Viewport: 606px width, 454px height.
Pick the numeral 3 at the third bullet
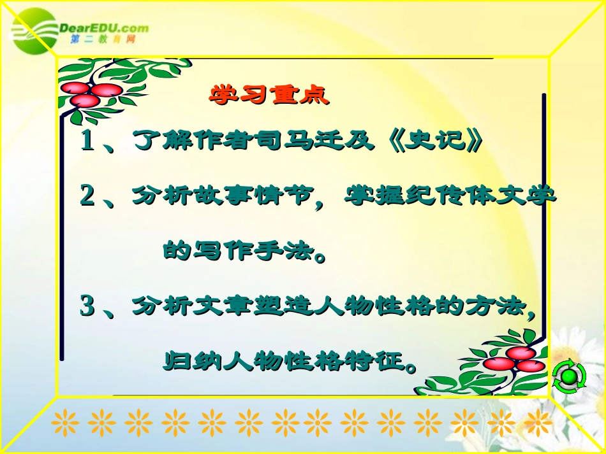(88, 307)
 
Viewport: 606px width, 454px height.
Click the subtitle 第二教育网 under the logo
(102, 39)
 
